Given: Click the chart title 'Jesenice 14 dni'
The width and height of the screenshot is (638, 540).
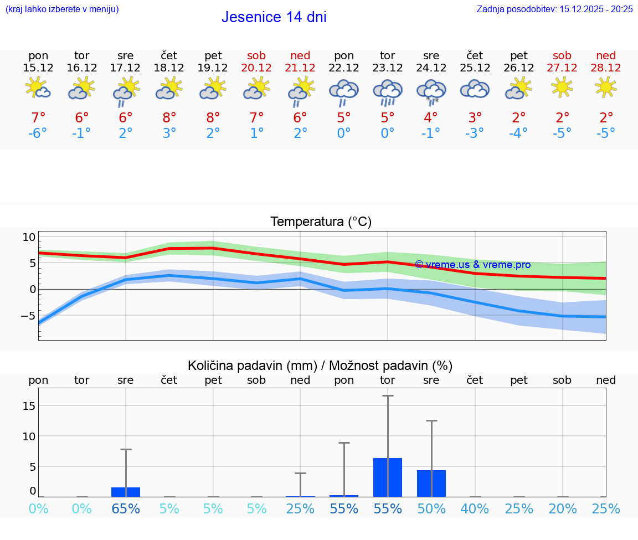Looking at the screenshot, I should coord(274,17).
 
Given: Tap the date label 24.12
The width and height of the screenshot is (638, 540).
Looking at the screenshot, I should coord(431,68).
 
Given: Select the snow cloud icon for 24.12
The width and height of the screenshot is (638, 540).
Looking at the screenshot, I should coord(431,91).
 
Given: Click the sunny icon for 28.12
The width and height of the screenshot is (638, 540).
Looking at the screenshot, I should coord(606,87).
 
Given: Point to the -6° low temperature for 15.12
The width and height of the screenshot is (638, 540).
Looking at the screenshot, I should coord(38,133).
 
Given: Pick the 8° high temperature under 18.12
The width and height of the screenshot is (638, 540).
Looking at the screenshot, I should coord(169,117).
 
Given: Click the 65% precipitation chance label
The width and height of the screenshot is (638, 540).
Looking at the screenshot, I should coord(126,508).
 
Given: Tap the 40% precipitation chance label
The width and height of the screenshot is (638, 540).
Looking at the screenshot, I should coord(475,508).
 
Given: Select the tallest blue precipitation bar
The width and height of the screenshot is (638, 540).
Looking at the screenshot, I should coord(388,477).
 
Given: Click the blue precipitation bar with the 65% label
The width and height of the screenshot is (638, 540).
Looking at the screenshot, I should coord(126,492).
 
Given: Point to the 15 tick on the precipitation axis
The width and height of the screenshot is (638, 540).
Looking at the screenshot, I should coord(29,406).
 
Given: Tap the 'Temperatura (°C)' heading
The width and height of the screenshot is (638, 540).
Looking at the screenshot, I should coord(321,222).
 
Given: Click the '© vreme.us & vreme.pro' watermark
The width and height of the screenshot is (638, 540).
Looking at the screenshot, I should coord(472,265).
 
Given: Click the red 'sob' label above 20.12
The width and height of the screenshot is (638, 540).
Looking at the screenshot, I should coord(256,55).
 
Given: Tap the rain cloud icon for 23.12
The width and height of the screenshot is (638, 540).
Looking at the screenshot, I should coord(387,91).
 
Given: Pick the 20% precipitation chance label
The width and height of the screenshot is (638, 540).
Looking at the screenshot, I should coord(563,508).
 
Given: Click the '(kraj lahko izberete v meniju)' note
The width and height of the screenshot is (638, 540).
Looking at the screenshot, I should coord(62,9).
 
